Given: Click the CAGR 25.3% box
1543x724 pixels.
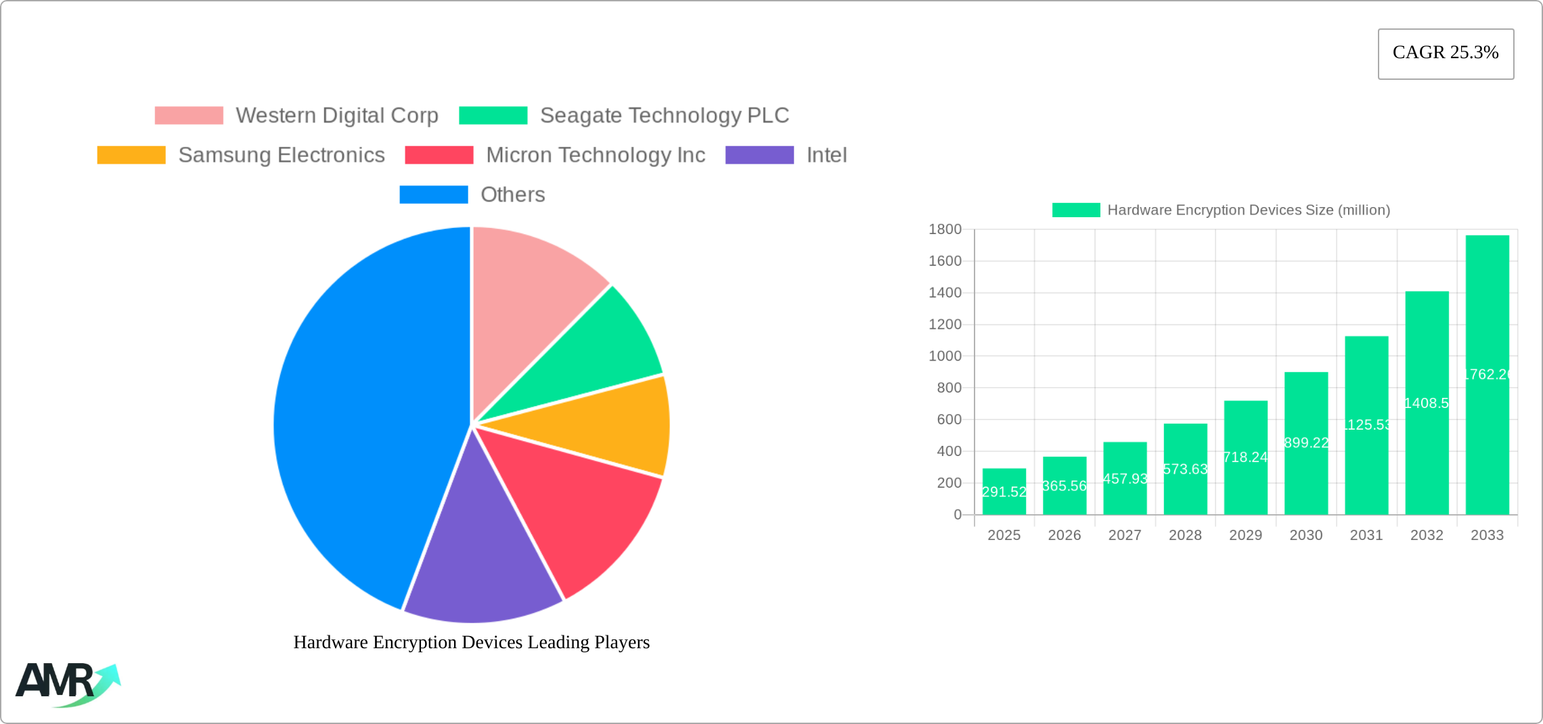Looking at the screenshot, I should tap(1446, 53).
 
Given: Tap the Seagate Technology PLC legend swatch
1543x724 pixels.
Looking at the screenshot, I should tap(493, 116).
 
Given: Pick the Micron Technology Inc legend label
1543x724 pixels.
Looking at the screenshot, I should tap(596, 155).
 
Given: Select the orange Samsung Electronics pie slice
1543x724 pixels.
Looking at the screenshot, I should tap(609, 426).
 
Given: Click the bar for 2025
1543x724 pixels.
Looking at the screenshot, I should tap(1004, 492).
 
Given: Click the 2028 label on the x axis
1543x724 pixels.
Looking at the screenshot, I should tap(1185, 535).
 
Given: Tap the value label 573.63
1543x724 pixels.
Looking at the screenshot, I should tap(1185, 469).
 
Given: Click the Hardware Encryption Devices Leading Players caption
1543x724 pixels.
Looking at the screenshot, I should tap(472, 642).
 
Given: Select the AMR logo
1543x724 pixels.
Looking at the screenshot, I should tap(68, 683).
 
